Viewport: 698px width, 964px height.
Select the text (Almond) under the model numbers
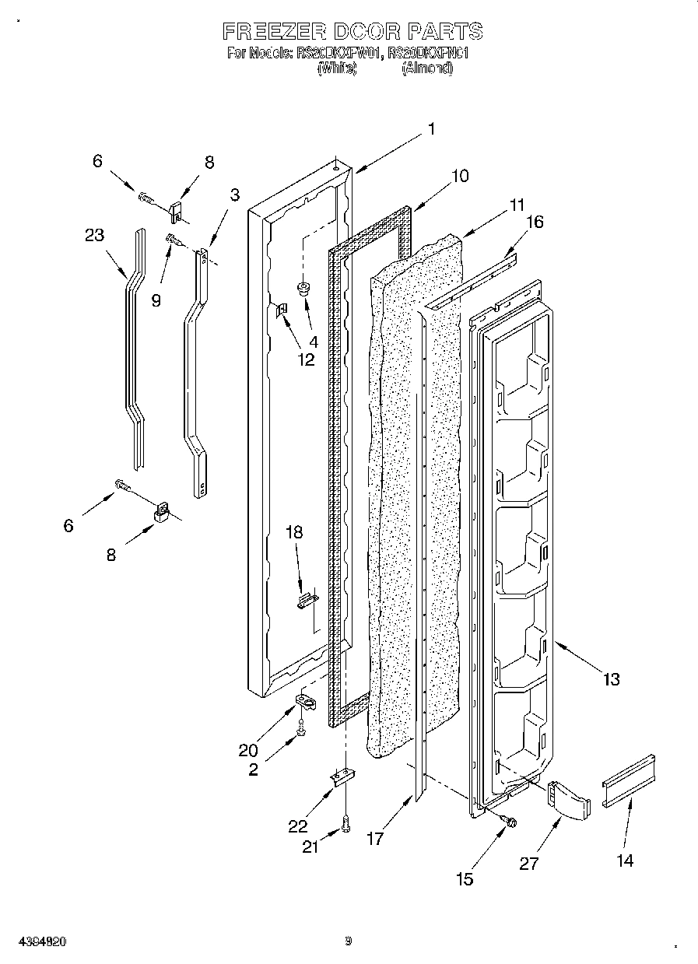pyautogui.click(x=426, y=68)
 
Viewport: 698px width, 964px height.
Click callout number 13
pyautogui.click(x=611, y=679)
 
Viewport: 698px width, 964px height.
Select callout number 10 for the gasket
pyautogui.click(x=459, y=176)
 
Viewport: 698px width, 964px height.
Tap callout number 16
pyautogui.click(x=534, y=222)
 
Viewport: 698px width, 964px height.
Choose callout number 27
pyautogui.click(x=528, y=864)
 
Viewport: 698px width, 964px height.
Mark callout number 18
pyautogui.click(x=294, y=532)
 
